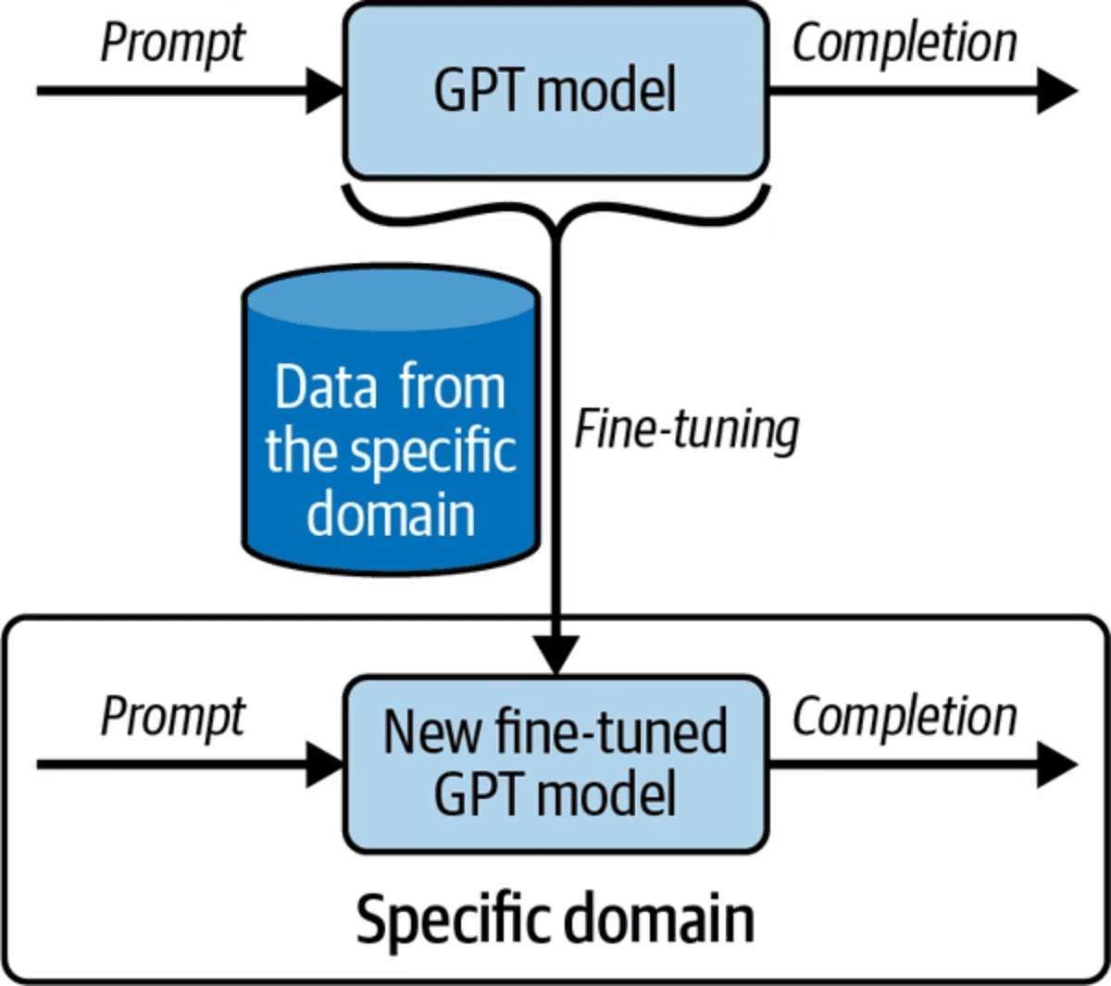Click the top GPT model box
[555, 90]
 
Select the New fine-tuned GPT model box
[555, 764]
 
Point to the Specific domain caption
[555, 919]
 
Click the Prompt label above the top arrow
[173, 44]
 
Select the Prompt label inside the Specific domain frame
[173, 718]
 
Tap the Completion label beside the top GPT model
[905, 44]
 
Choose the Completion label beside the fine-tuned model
[905, 718]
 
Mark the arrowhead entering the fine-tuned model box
[326, 765]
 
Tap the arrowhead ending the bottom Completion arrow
[1056, 765]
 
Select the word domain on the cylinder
[391, 514]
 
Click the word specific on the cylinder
[431, 452]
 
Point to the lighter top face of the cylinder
[390, 295]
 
